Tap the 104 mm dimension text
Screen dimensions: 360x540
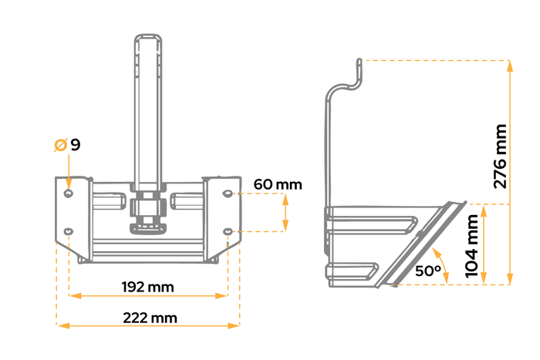[x=471, y=248]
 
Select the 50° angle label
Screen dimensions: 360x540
[x=428, y=271]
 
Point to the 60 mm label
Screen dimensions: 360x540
[x=278, y=184]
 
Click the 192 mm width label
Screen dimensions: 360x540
[x=147, y=287]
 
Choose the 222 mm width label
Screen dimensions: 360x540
[x=149, y=318]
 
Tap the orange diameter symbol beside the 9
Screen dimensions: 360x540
[x=60, y=144]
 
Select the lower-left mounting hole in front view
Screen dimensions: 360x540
[x=69, y=230]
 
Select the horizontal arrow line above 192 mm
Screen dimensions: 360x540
[x=147, y=295]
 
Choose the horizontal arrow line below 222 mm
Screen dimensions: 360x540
[x=147, y=326]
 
